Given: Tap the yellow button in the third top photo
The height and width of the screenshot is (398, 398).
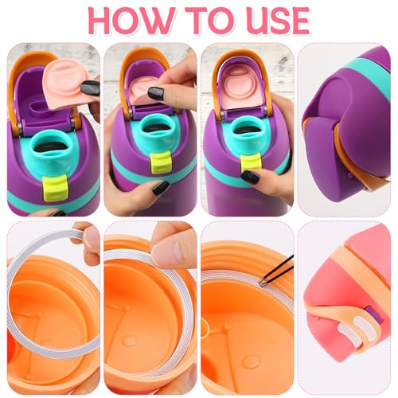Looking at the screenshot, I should click(x=250, y=160).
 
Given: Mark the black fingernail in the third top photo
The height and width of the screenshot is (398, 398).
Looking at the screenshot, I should click(x=249, y=176).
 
